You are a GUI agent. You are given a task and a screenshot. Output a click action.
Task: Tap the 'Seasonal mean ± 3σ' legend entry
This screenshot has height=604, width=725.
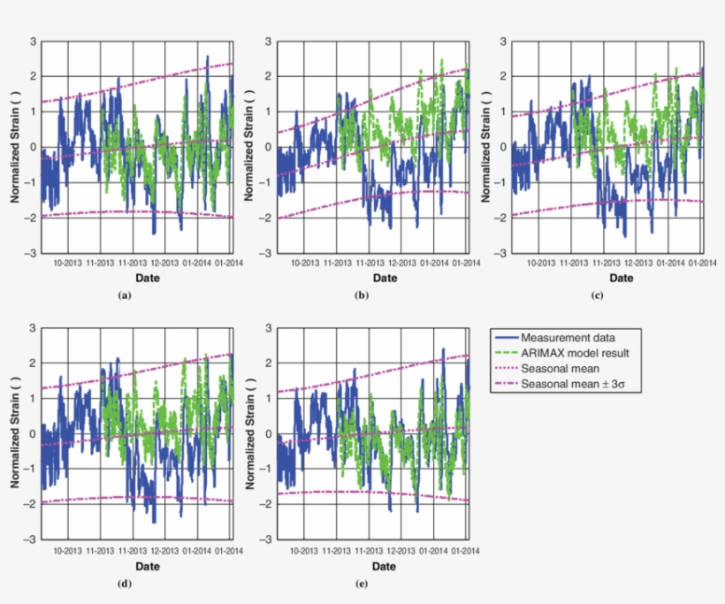tap(572, 385)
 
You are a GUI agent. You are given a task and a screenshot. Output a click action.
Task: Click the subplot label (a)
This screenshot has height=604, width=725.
tap(124, 295)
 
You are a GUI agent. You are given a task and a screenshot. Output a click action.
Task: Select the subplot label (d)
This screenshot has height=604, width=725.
tap(124, 583)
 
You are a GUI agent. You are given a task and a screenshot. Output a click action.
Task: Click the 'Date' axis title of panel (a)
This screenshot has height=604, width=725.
tap(134, 278)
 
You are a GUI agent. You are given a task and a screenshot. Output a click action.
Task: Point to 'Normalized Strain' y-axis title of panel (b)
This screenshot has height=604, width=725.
tap(250, 147)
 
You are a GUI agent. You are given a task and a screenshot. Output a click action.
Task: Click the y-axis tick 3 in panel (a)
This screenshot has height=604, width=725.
tap(33, 42)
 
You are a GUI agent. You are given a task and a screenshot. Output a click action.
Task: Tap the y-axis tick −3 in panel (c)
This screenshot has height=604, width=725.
tap(503, 253)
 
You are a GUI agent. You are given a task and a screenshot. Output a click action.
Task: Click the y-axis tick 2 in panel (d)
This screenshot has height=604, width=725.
tap(33, 363)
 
